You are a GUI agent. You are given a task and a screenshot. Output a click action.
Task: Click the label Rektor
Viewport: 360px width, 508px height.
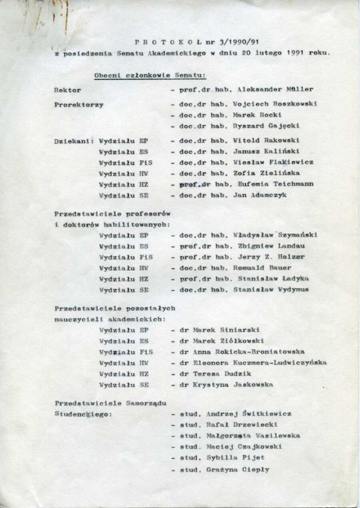(x=68, y=89)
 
